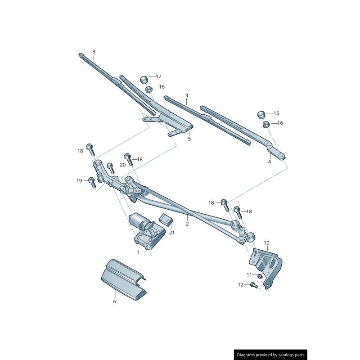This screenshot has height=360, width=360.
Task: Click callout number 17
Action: pyautogui.click(x=158, y=77)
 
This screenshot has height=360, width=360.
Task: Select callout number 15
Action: pyautogui.click(x=276, y=113)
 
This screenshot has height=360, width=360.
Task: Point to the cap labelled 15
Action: pyautogui.click(x=262, y=114)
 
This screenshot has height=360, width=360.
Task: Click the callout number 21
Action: pyautogui.click(x=171, y=233)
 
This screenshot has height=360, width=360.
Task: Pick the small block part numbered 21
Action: pyautogui.click(x=166, y=220)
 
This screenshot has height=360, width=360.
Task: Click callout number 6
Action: pyautogui.click(x=114, y=301)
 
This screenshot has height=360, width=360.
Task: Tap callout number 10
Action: pyautogui.click(x=266, y=243)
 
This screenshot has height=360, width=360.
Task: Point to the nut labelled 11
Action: pyautogui.click(x=260, y=275)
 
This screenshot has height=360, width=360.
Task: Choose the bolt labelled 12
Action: pyautogui.click(x=252, y=284)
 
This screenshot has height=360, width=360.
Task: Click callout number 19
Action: pyautogui.click(x=79, y=180)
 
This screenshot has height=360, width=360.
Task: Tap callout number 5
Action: pyautogui.click(x=189, y=139)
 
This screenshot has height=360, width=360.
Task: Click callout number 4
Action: pyautogui.click(x=270, y=161)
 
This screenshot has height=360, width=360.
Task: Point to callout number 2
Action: pyautogui.click(x=187, y=224)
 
